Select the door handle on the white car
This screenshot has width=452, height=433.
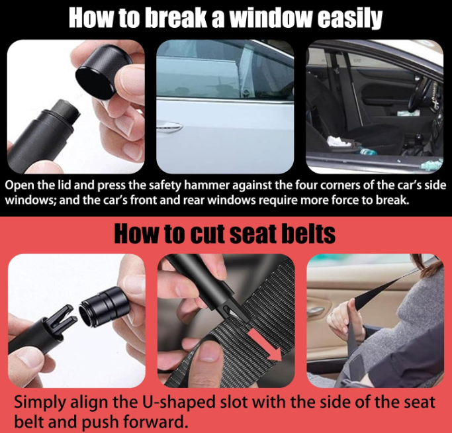pyautogui.click(x=169, y=127)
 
